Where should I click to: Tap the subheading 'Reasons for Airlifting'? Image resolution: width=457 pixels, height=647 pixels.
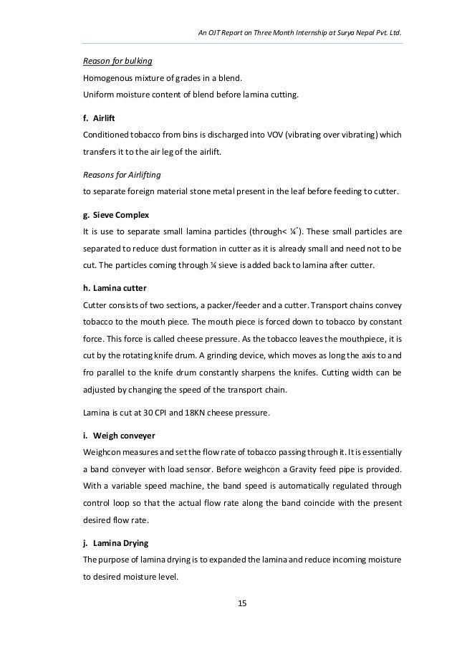click(122, 173)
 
